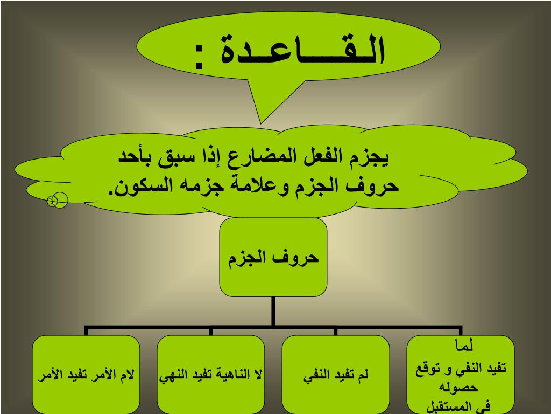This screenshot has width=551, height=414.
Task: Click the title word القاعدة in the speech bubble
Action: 303,50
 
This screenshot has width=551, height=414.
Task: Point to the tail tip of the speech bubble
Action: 260,123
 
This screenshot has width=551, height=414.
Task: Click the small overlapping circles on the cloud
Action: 57,201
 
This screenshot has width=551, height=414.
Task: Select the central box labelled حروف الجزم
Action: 273,257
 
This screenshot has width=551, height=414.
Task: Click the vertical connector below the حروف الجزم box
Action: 273,312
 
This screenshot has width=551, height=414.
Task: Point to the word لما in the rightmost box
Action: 463,346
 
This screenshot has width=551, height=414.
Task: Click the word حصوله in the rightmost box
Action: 458,388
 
